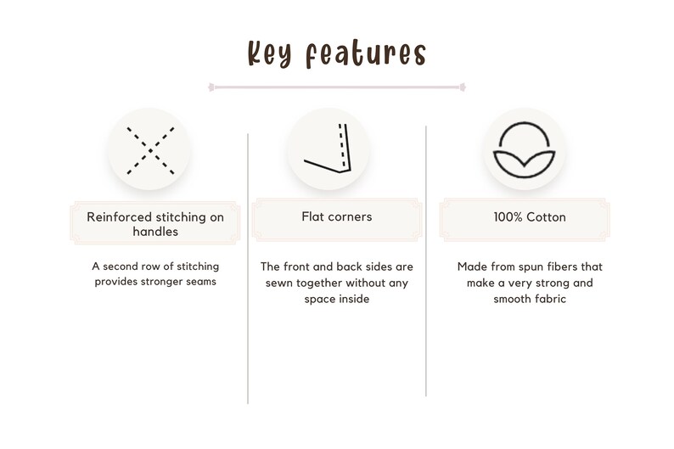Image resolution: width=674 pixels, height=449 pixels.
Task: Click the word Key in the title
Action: tap(270, 54)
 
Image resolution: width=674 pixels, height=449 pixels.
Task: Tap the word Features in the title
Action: tap(366, 54)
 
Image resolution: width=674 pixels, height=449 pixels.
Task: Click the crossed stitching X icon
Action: tap(150, 150)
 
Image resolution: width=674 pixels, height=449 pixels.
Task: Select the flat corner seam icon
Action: tap(328, 149)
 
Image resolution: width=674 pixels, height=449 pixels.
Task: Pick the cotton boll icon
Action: tap(524, 150)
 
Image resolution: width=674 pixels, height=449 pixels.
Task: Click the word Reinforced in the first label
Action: tap(119, 217)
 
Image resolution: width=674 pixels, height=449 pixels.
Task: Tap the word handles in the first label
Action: tap(155, 232)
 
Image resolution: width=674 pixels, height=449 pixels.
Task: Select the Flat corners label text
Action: tap(336, 216)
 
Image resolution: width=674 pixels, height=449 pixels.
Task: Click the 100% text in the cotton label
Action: tap(508, 217)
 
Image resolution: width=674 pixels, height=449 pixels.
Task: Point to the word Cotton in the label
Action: tap(546, 217)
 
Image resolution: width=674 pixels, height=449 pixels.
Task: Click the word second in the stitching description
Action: tap(121, 267)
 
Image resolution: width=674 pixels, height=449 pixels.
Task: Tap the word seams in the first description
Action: tap(201, 282)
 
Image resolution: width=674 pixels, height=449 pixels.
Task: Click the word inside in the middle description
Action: tap(355, 299)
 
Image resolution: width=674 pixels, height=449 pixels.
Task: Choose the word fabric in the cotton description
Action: tap(550, 299)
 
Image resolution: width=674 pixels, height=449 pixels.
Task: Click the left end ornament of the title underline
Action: tap(211, 87)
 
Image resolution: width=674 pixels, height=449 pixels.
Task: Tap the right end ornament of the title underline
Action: tap(463, 87)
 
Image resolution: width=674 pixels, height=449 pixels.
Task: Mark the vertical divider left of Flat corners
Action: tap(248, 268)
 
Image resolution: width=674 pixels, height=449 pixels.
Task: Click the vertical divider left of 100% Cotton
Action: tap(426, 261)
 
